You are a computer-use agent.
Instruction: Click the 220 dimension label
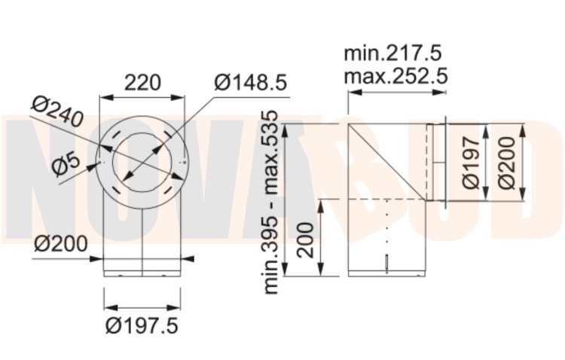tap(142, 83)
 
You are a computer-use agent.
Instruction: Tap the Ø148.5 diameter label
tap(251, 83)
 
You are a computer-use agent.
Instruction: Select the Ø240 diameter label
tap(57, 111)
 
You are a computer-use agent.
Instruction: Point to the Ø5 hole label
tap(66, 166)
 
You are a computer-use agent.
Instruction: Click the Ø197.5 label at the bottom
tap(142, 326)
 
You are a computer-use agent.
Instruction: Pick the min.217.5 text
tap(392, 53)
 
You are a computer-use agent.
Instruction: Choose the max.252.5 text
tap(395, 76)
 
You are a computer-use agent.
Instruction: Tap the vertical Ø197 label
tap(472, 162)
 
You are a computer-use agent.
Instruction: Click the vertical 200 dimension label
tap(306, 240)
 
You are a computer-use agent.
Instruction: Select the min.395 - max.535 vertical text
tap(271, 202)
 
